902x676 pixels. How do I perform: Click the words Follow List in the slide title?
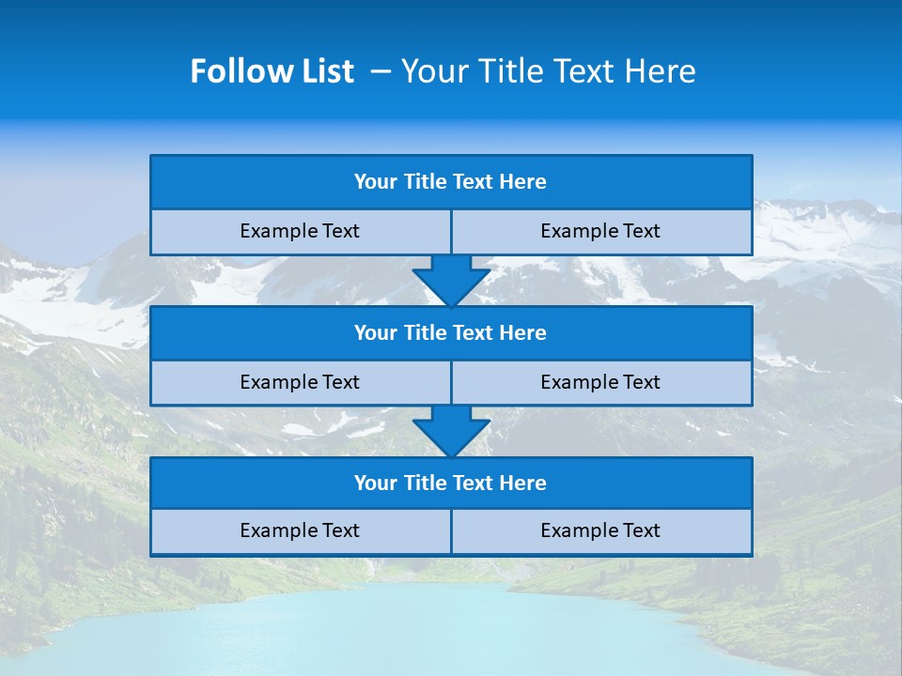click(x=272, y=71)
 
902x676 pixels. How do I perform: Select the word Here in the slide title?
click(x=658, y=71)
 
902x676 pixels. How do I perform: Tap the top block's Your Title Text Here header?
click(x=450, y=182)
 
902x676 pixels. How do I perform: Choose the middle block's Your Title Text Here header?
click(x=450, y=332)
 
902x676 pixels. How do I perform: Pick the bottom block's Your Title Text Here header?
click(x=450, y=484)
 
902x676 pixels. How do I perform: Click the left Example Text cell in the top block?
click(x=300, y=231)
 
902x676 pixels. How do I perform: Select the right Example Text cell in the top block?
click(x=600, y=231)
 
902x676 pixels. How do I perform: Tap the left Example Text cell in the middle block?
click(x=300, y=382)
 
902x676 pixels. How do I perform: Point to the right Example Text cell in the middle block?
click(x=600, y=382)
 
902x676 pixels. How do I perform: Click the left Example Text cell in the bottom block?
click(x=300, y=530)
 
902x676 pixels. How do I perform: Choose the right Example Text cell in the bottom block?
click(x=600, y=530)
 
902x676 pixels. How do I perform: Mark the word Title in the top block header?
click(x=426, y=182)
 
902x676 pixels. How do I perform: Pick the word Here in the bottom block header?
click(x=523, y=484)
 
